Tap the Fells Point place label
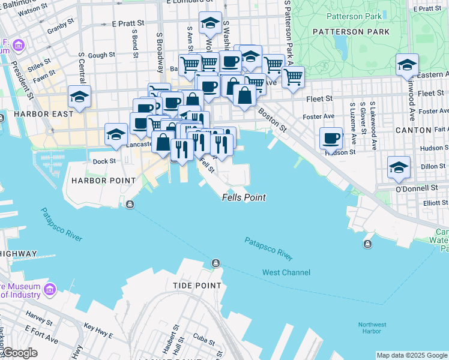(244, 197)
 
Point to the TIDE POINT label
(197, 286)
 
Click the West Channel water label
(286, 272)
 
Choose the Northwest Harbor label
(372, 328)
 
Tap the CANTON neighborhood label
(414, 130)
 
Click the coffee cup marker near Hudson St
(331, 139)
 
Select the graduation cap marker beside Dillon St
(399, 167)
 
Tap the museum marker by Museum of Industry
(49, 290)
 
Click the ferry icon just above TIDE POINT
(215, 263)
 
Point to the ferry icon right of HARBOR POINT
(130, 205)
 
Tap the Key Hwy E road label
(97, 328)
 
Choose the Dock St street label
(103, 161)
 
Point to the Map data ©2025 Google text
(412, 355)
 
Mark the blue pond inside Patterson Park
(340, 43)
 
